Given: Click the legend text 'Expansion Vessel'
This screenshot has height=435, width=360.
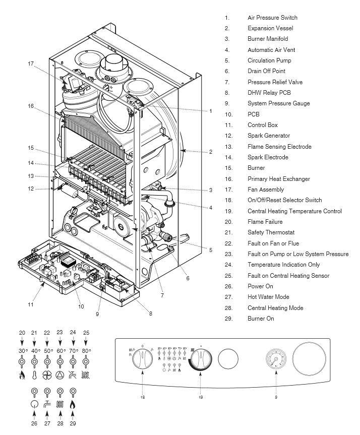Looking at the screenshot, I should (270, 28).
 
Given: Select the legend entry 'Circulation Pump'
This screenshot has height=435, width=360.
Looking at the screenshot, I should (269, 60).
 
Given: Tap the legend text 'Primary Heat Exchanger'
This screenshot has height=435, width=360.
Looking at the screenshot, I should (278, 179).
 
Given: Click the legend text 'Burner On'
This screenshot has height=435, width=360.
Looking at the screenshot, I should (261, 319).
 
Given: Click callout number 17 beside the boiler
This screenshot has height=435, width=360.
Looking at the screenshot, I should (31, 64).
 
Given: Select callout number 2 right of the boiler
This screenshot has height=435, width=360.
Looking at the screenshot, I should (211, 151).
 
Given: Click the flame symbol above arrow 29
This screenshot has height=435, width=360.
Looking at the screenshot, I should (73, 404).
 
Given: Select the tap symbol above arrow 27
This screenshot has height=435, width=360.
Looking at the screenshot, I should (47, 404).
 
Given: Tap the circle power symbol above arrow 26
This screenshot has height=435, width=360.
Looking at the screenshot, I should (34, 404).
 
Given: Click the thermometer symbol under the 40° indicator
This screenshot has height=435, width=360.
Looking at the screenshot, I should (34, 375).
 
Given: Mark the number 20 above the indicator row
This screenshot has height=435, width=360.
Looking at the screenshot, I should (22, 333).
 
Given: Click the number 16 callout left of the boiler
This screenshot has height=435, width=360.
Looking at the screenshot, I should (31, 107).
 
